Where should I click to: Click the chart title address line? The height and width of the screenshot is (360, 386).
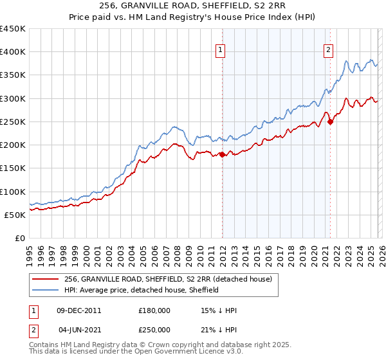pos(193,6)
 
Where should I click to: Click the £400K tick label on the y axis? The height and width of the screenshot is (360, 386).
pos(13,52)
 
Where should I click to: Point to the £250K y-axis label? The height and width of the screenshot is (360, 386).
pos(13,122)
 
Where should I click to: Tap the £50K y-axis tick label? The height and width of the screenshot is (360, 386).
pos(15,215)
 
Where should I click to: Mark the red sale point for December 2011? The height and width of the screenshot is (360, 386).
pos(222,154)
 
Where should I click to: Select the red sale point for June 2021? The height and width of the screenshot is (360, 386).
pos(330,122)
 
